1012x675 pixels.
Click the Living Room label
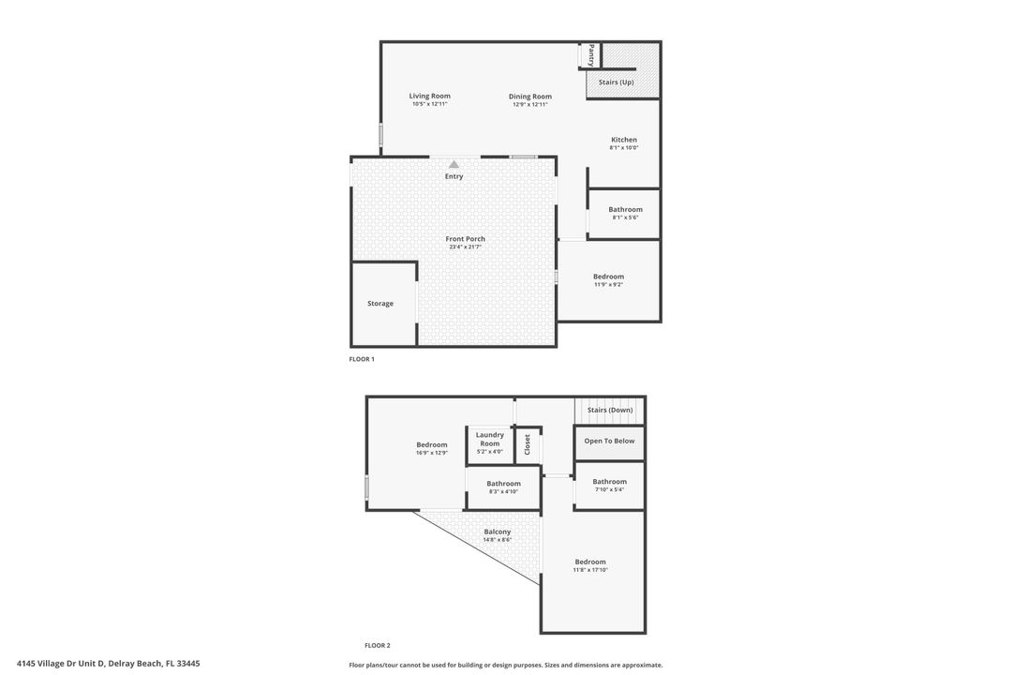coord(429,96)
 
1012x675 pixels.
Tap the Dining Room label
coord(529,97)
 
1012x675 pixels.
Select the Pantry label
coord(591,55)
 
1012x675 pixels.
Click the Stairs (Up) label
coord(616,82)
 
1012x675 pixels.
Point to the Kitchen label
coord(623,140)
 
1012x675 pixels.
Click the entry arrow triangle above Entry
coord(454,164)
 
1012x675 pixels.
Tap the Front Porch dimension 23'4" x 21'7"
coord(465,247)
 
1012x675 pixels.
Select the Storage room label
coord(380,304)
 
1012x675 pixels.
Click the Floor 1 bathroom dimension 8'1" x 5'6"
coord(625,217)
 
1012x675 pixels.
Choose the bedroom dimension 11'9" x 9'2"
coord(608,285)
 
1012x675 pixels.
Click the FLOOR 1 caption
coord(362,359)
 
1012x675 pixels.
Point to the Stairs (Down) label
coord(610,410)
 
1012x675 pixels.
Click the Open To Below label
coord(609,441)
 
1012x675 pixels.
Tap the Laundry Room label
coord(489,439)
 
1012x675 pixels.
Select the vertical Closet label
coord(528,444)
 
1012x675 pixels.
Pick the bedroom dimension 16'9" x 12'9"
coord(432,453)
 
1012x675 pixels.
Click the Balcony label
coord(497,532)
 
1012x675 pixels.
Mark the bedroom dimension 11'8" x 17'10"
coord(590,570)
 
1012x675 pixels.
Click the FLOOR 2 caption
coord(377,645)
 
